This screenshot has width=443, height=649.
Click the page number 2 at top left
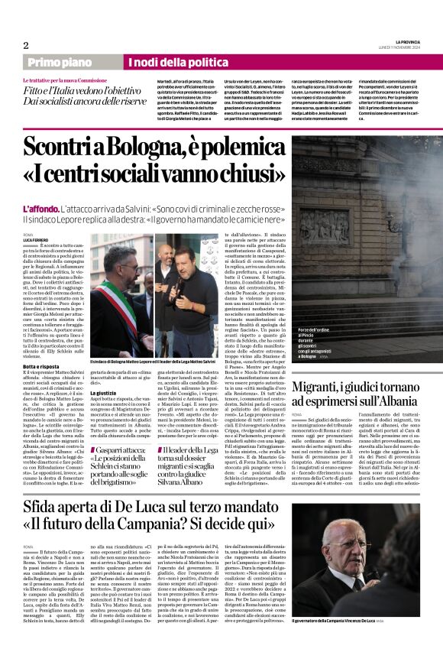pyautogui.click(x=26, y=45)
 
